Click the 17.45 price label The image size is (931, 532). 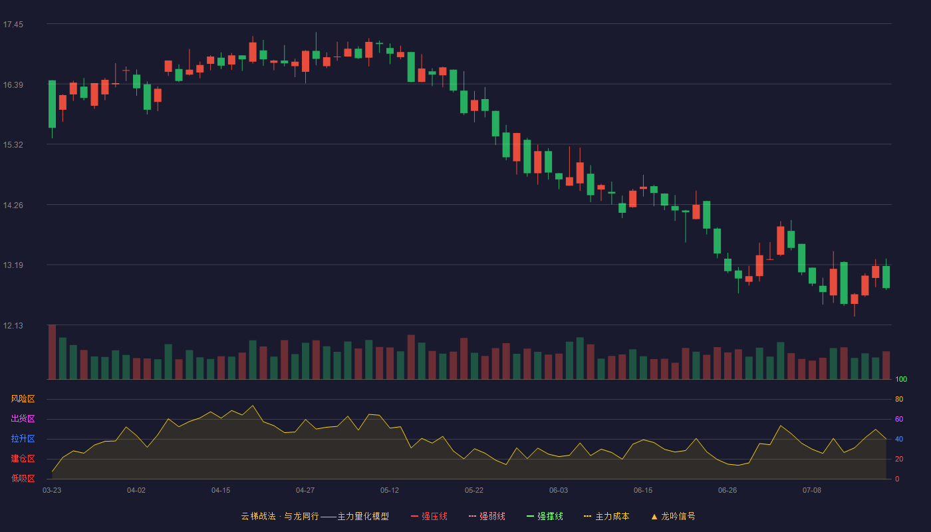pyautogui.click(x=13, y=25)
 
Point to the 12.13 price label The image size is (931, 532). pyautogui.click(x=13, y=325)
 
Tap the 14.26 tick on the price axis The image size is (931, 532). pyautogui.click(x=13, y=205)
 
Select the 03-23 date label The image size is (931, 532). pyautogui.click(x=52, y=491)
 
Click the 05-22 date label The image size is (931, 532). pyautogui.click(x=473, y=491)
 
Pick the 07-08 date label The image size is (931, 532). pyautogui.click(x=812, y=491)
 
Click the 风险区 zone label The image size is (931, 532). pyautogui.click(x=23, y=399)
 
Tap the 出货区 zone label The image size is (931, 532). pyautogui.click(x=23, y=418)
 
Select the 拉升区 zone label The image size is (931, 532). pyautogui.click(x=23, y=438)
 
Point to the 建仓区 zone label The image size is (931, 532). pyautogui.click(x=23, y=458)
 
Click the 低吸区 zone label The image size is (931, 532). pyautogui.click(x=23, y=478)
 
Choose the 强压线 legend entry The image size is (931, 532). pyautogui.click(x=429, y=516)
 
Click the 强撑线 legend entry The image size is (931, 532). pyautogui.click(x=545, y=516)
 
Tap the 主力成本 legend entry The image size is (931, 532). pyautogui.click(x=606, y=516)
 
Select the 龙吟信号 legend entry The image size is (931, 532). pyautogui.click(x=673, y=516)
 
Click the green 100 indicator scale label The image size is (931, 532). pyautogui.click(x=901, y=379)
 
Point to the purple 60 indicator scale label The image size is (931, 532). pyautogui.click(x=899, y=419)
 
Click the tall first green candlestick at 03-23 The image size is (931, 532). pyautogui.click(x=52, y=104)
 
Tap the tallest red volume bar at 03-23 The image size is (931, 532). pyautogui.click(x=52, y=352)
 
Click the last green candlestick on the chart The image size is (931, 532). pyautogui.click(x=886, y=277)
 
